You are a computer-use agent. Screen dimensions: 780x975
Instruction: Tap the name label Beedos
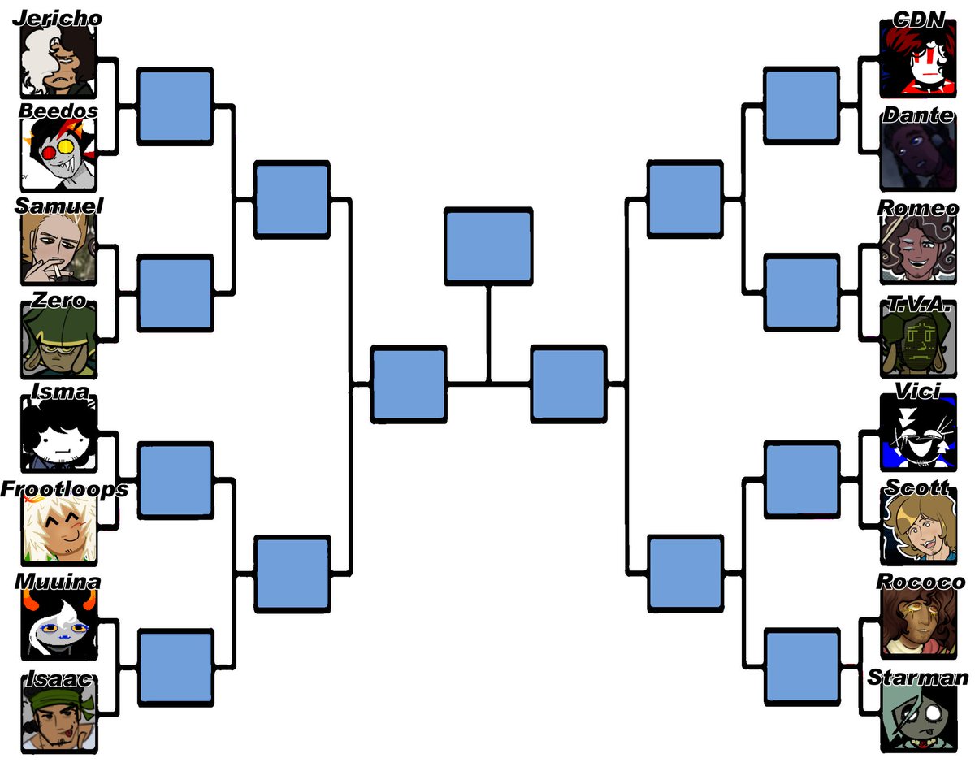58,110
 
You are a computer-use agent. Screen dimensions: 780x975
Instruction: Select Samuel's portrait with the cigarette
58,248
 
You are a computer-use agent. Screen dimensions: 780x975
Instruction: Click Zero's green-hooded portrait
58,341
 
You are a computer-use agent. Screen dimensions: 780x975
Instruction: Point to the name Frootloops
64,489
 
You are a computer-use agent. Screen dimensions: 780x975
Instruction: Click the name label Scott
916,487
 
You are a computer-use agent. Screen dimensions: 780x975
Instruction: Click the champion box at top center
488,247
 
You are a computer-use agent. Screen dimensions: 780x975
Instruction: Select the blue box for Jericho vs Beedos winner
175,106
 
